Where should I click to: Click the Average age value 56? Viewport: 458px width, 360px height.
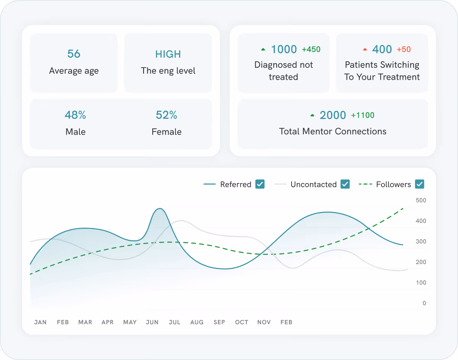click(74, 54)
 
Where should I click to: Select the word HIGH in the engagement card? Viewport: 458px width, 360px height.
click(168, 54)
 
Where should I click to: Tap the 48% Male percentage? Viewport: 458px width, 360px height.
click(75, 115)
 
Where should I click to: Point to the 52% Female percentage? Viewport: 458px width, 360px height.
click(166, 115)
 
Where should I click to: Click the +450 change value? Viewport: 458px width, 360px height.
click(311, 49)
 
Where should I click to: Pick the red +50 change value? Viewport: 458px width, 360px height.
click(404, 49)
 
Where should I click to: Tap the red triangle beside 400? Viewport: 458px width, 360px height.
click(365, 50)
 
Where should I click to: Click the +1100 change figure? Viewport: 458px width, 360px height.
click(363, 115)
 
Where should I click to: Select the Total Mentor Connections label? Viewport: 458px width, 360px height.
click(333, 132)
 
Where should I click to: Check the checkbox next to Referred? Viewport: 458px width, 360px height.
click(260, 184)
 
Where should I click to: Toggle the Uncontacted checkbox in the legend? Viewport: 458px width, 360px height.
click(345, 184)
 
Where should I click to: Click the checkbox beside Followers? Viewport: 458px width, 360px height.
click(419, 184)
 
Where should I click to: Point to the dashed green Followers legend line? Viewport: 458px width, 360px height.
click(365, 185)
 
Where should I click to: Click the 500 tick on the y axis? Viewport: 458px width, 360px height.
click(421, 200)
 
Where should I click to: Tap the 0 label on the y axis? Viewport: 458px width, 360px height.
click(424, 303)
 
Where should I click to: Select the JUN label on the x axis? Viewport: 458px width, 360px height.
click(152, 322)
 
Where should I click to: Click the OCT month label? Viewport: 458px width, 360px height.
click(242, 322)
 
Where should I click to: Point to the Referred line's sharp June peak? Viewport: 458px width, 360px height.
click(160, 209)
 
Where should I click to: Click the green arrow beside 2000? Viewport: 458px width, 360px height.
click(312, 115)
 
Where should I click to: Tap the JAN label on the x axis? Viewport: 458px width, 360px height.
click(40, 322)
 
